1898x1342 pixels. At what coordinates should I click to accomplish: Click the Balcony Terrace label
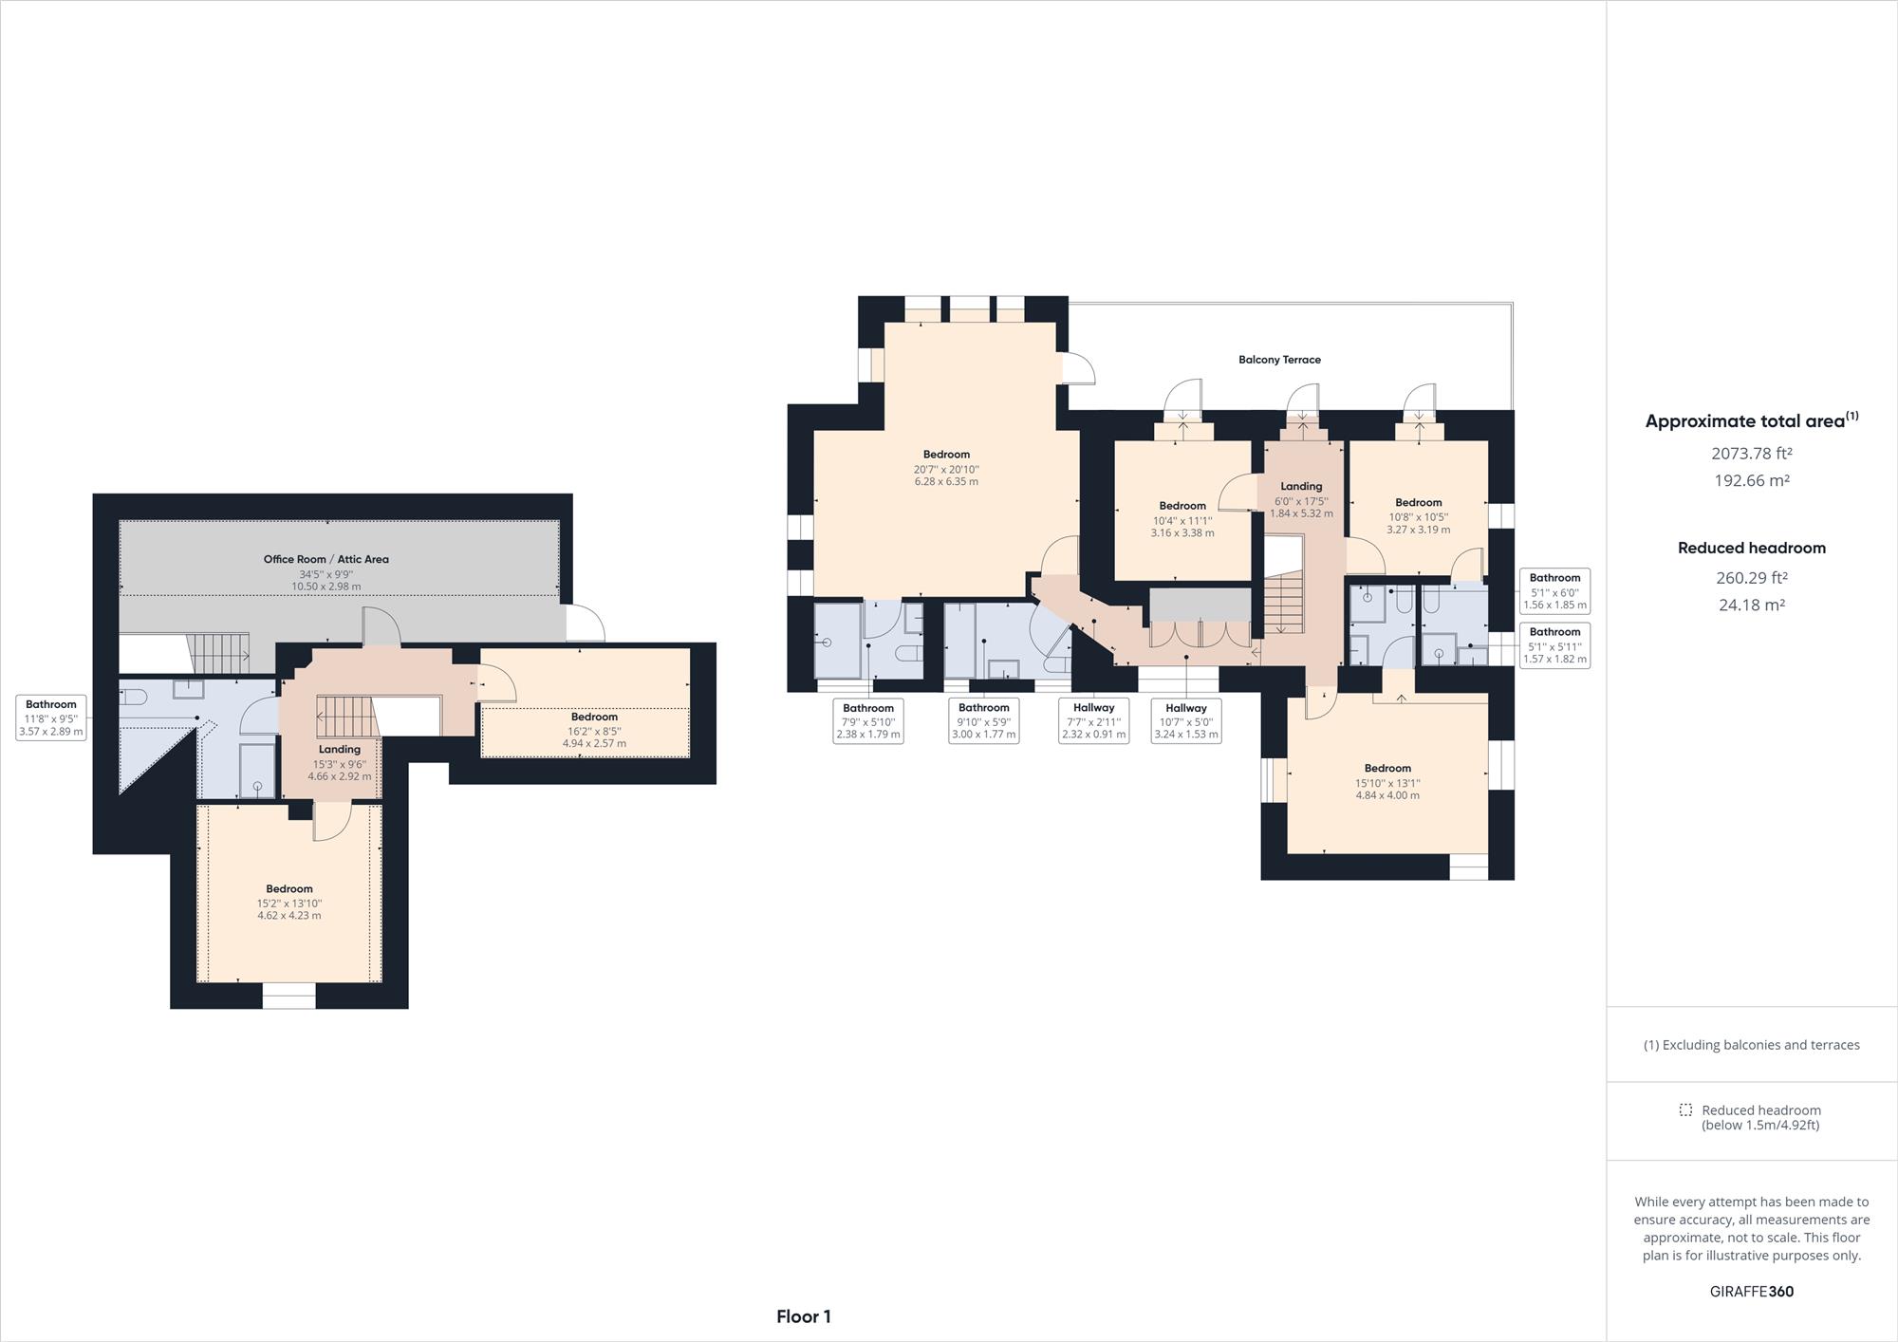1279,360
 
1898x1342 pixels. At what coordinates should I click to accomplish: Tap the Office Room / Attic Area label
326,559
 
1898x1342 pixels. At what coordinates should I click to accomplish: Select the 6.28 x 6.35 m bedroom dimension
946,482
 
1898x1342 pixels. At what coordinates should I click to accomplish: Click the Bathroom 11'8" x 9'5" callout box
51,718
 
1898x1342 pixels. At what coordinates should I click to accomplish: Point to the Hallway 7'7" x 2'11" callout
1093,720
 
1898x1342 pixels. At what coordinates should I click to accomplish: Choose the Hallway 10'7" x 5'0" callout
1185,720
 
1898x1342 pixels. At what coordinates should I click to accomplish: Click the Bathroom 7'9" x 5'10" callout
867,720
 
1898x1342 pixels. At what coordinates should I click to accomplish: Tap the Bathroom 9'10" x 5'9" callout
983,720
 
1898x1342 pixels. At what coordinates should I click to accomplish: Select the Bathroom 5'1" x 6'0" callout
1554,591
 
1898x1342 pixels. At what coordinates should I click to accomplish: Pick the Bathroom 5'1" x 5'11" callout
1554,645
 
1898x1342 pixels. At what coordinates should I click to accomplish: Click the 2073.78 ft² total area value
1752,454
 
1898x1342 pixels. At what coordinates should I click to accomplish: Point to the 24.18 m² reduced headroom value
1752,605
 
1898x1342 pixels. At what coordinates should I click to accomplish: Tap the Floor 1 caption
804,1316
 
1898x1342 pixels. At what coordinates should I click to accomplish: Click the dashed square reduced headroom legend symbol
1685,1109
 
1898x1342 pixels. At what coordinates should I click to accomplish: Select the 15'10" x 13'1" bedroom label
1387,782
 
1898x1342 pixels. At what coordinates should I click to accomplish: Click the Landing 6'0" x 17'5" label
1301,499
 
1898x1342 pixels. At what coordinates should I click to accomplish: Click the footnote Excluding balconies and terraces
1752,1045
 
